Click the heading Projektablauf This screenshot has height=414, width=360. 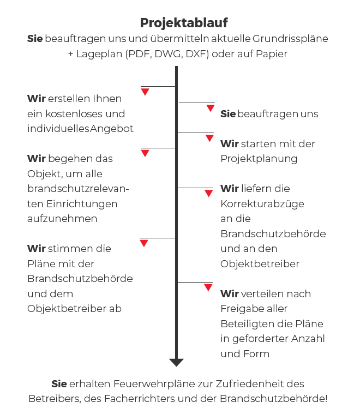184,22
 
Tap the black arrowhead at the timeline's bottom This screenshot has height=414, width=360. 176,363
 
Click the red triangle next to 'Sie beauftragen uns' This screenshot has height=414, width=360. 211,108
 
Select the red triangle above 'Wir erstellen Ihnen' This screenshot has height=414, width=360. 145,92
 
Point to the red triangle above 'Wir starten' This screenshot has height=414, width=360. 209,138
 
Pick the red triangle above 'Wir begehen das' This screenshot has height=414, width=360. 145,153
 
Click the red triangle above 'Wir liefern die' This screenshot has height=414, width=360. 209,193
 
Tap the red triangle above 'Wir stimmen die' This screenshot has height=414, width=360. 144,243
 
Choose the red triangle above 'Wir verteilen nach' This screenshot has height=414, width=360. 208,287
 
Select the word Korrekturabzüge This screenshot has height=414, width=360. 262,203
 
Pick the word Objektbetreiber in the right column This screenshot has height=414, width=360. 260,263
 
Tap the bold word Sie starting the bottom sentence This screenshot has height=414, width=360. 59,383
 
